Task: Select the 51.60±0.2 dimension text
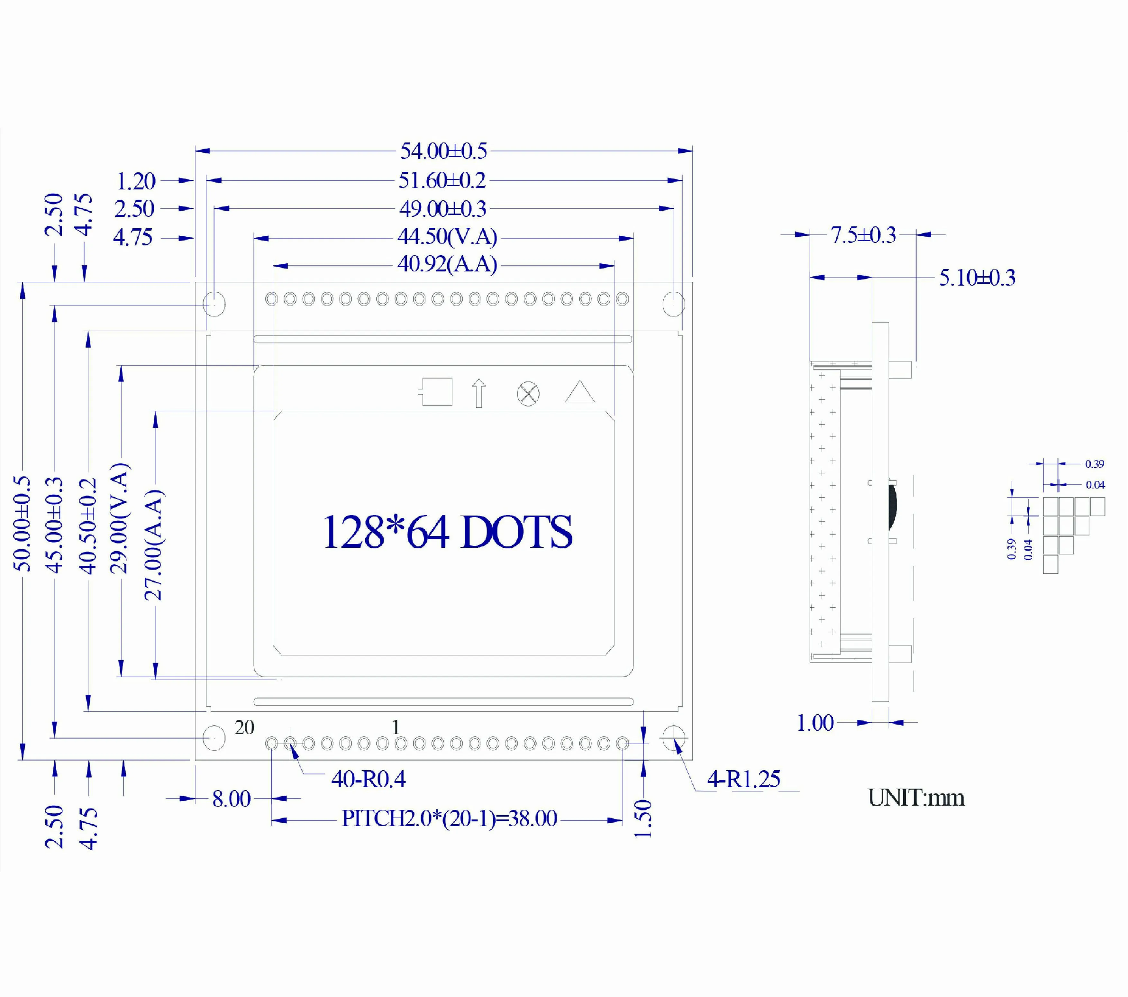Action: point(442,180)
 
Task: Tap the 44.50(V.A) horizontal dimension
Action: point(447,237)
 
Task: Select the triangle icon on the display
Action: point(579,392)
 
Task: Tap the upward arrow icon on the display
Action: point(478,393)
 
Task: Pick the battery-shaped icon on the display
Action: point(435,392)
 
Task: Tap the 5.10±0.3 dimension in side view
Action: point(977,278)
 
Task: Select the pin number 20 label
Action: point(244,727)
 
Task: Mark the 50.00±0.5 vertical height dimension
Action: point(23,523)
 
